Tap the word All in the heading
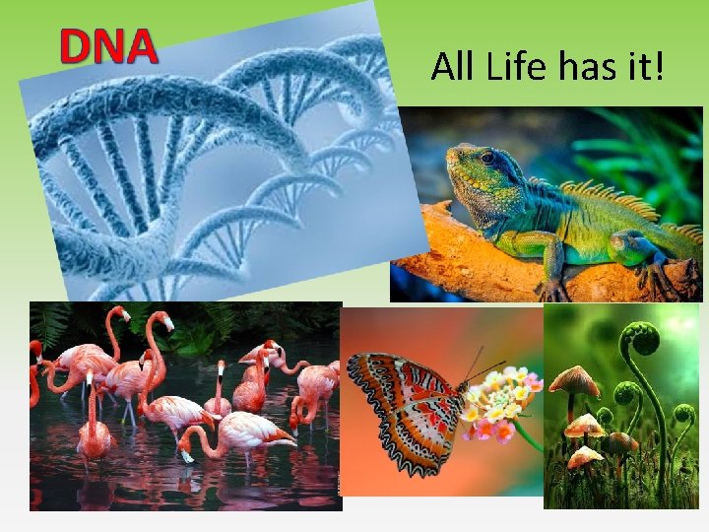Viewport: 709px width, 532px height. click(x=452, y=67)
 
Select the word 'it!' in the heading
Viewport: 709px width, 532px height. click(x=643, y=67)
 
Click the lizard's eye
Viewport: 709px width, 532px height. click(x=487, y=158)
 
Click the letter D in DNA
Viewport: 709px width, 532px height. click(x=77, y=46)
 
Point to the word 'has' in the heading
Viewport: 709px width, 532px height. click(x=588, y=67)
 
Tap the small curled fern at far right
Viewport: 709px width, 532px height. click(x=683, y=414)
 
